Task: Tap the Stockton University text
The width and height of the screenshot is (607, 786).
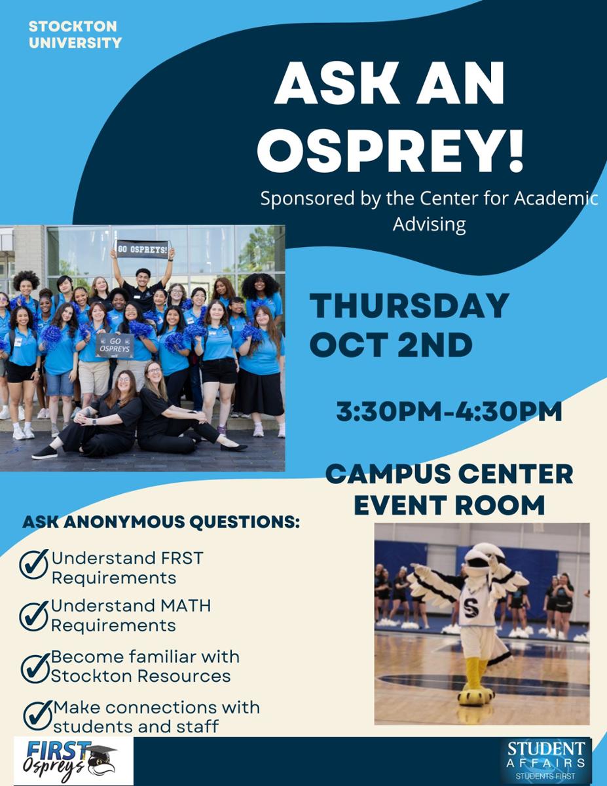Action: click(x=75, y=34)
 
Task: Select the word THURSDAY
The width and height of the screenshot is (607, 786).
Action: click(x=409, y=306)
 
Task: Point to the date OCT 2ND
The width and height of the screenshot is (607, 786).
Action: click(x=391, y=345)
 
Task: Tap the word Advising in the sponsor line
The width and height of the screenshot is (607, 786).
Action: click(x=429, y=224)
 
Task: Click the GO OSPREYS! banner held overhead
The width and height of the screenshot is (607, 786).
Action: click(x=142, y=249)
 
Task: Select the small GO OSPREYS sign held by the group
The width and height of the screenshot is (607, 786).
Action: click(x=115, y=345)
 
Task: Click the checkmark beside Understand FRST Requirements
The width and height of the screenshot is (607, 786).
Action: click(x=34, y=564)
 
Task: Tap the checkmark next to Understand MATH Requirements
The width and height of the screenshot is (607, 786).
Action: click(x=34, y=616)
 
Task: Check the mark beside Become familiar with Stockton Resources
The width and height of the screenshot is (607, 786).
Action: click(x=35, y=667)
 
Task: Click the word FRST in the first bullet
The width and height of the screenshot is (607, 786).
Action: click(x=182, y=558)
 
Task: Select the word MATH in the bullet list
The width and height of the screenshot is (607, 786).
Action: click(x=186, y=606)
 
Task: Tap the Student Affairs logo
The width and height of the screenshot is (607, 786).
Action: click(x=546, y=761)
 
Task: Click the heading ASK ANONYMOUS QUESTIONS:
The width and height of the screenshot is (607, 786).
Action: click(x=161, y=522)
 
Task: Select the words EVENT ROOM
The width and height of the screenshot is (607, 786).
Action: click(x=449, y=504)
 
